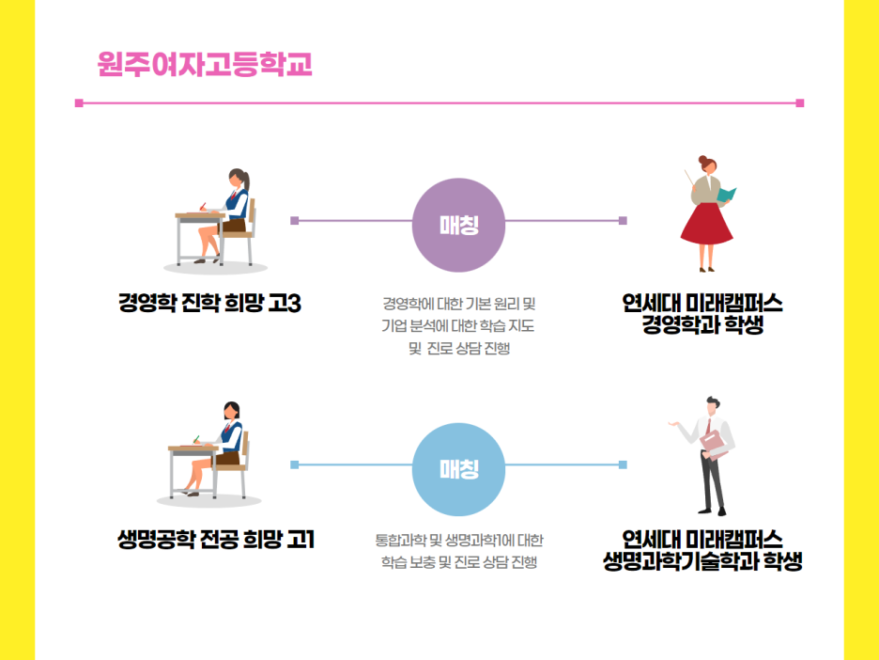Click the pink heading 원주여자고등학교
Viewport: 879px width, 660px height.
(x=204, y=65)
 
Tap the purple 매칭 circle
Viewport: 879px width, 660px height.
(x=458, y=225)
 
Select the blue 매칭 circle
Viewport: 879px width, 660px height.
(x=458, y=469)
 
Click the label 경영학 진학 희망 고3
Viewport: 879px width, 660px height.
(x=208, y=304)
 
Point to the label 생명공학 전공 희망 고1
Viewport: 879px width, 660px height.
(x=215, y=540)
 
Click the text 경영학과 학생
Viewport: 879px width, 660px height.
(x=702, y=325)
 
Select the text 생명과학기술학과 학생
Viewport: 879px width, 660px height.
(x=702, y=562)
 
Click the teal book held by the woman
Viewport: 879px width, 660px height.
(x=726, y=196)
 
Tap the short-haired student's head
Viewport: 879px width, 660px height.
(x=231, y=414)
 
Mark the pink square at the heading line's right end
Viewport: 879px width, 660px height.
(x=799, y=102)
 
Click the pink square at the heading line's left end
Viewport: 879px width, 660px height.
(x=79, y=102)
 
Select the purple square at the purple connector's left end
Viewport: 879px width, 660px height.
(x=294, y=221)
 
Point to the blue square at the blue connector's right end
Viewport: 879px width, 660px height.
(x=623, y=464)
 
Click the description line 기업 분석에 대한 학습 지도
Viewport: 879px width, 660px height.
(x=458, y=326)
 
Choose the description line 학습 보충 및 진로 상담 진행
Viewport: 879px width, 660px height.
(x=458, y=562)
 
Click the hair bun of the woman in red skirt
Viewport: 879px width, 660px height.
(x=701, y=160)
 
